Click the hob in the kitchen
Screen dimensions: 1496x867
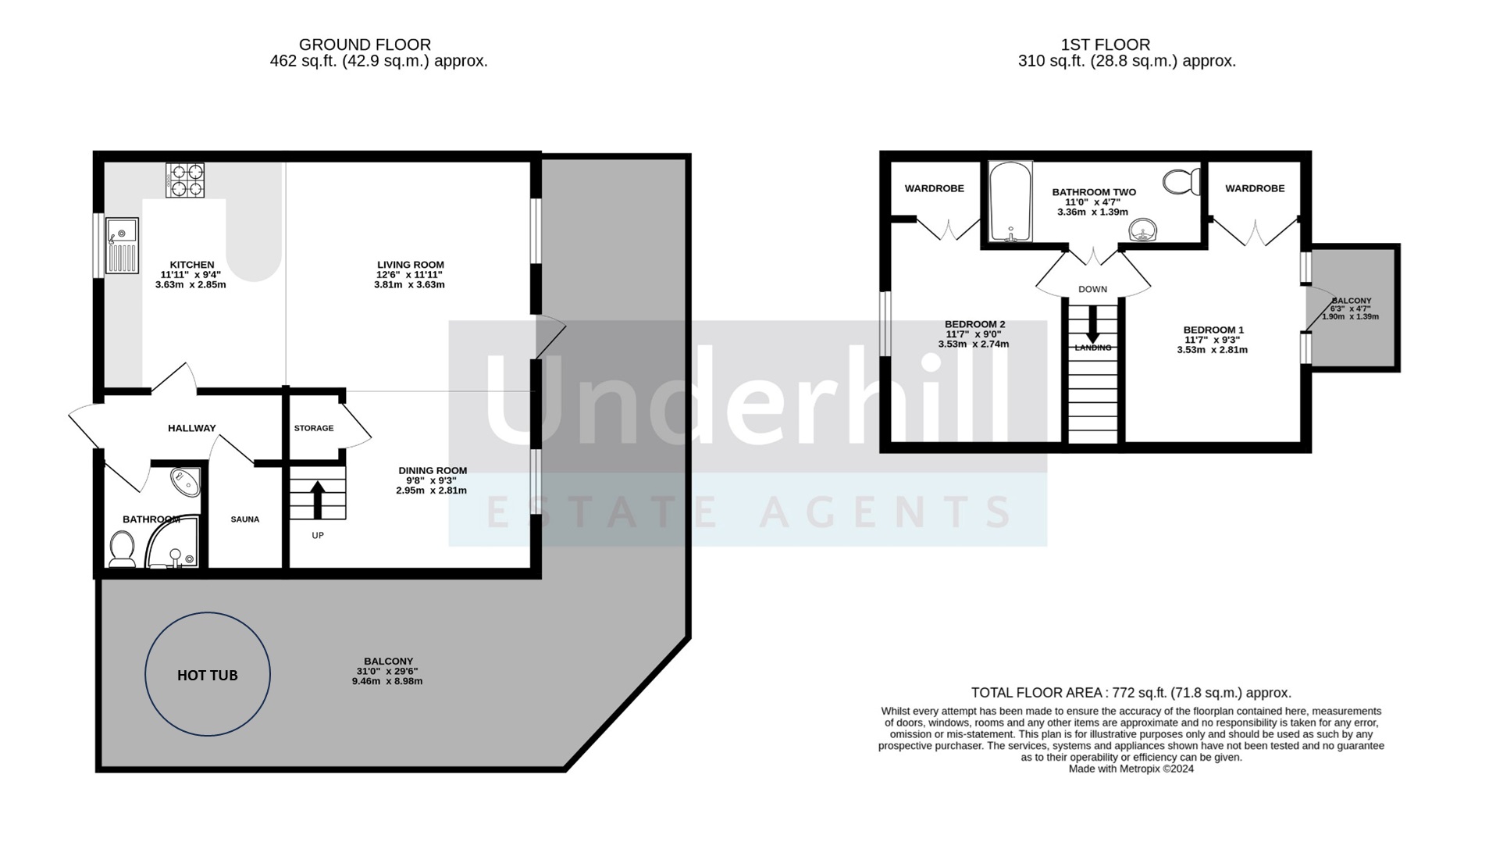185,180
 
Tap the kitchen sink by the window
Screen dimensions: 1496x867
122,244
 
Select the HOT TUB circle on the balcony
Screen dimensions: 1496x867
208,674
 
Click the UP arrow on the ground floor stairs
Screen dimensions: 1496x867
318,500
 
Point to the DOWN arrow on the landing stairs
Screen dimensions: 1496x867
1092,323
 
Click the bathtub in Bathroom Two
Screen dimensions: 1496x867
1011,202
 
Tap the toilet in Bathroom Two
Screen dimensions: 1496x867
1182,181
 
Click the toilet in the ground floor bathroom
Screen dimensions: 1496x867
122,548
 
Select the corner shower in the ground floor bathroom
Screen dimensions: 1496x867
173,542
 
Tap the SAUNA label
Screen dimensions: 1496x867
245,519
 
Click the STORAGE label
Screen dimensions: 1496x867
314,428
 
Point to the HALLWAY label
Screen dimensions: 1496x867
192,428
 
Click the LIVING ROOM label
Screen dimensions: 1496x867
411,265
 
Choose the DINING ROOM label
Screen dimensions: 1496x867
433,470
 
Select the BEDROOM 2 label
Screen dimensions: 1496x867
974,324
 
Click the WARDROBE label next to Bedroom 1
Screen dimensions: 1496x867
1255,188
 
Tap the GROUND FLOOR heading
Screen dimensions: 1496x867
365,45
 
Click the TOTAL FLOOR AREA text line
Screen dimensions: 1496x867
1131,693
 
